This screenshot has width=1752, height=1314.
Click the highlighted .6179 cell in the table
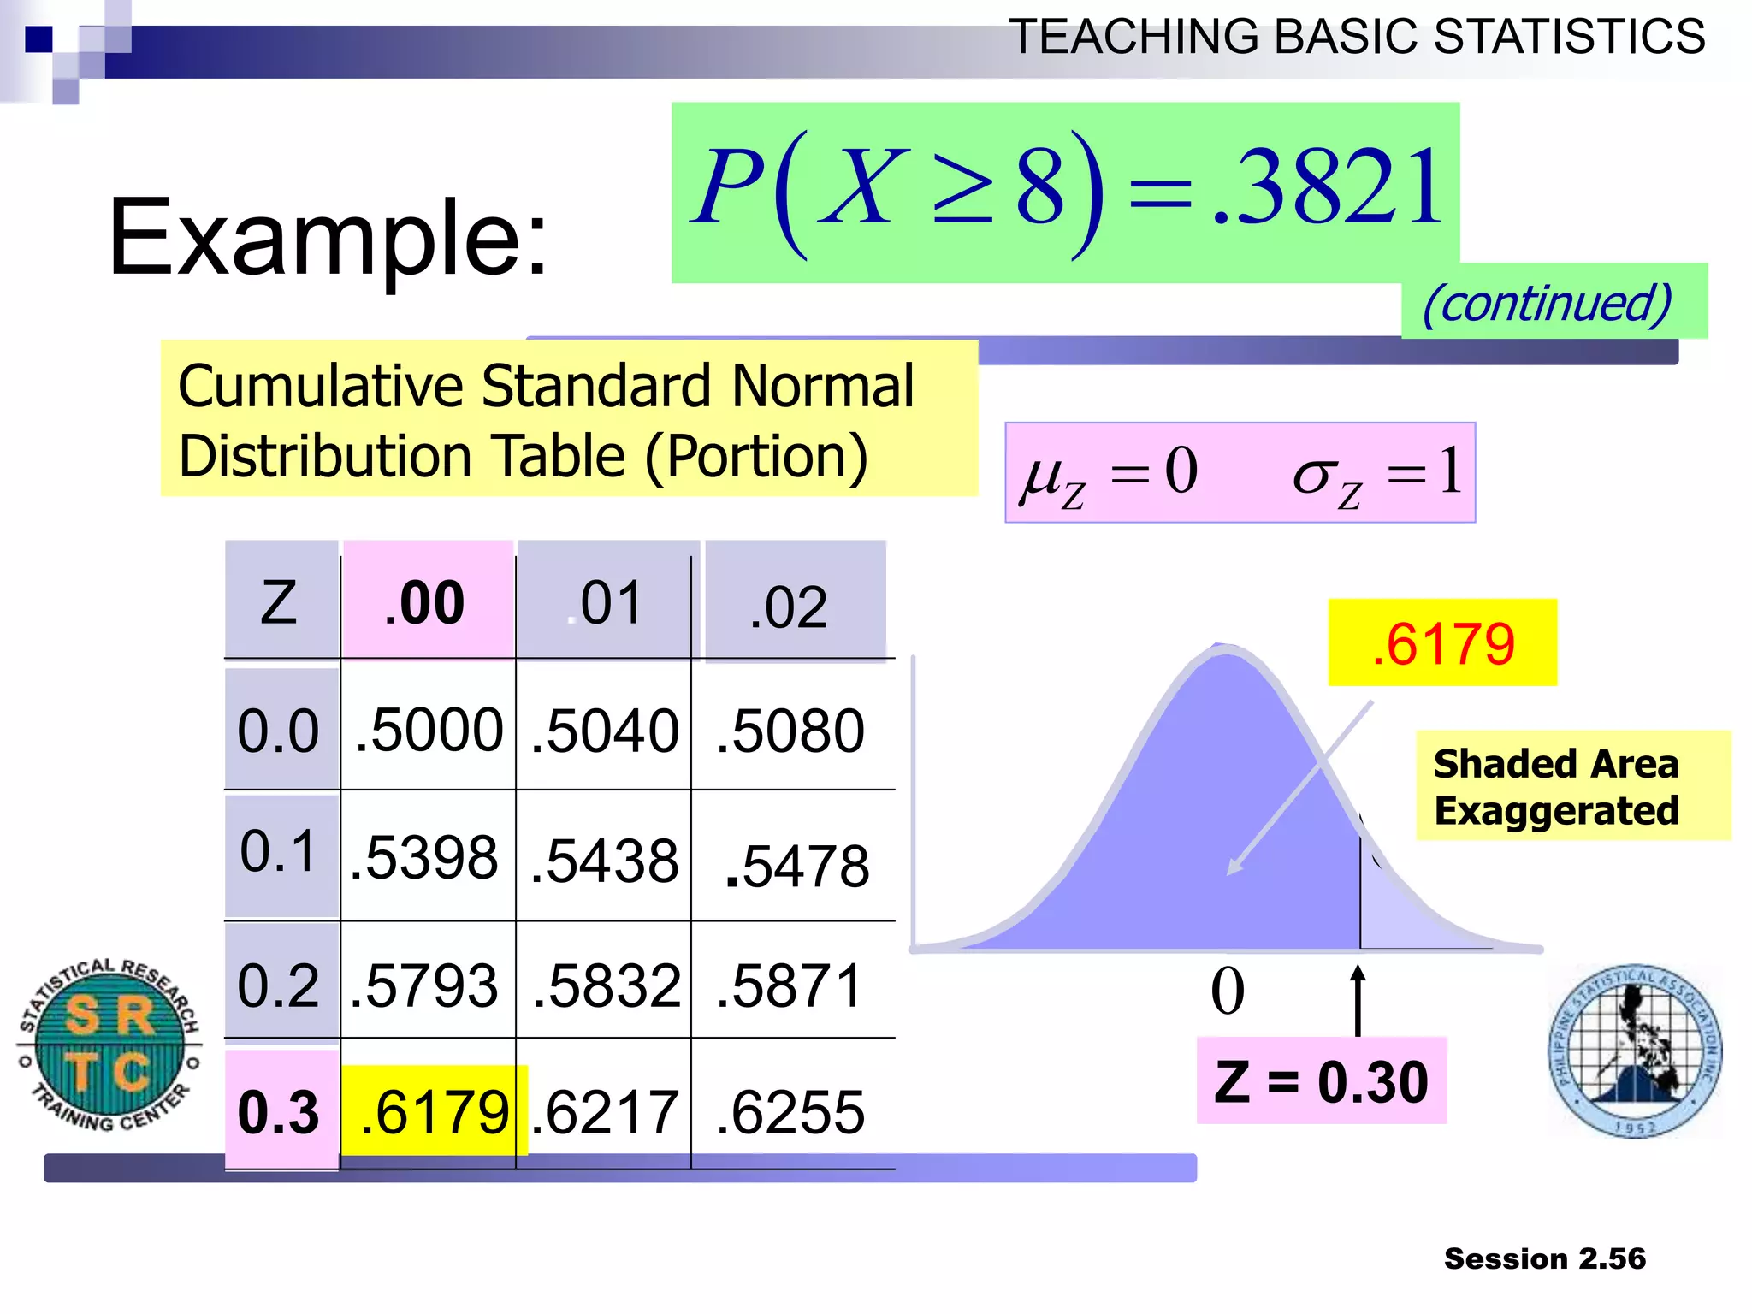tap(434, 1111)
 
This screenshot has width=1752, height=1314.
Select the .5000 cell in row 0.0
tap(429, 731)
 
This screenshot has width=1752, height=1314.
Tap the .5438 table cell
tap(604, 861)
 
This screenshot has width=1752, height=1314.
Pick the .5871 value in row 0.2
tap(790, 985)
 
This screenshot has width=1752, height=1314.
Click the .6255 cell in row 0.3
tap(790, 1112)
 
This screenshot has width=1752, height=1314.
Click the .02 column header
tap(788, 607)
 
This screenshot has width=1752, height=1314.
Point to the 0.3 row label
tap(279, 1112)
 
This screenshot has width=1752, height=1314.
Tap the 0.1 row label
tap(279, 852)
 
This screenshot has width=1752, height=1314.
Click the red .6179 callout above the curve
tap(1442, 643)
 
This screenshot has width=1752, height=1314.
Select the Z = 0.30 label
tap(1322, 1081)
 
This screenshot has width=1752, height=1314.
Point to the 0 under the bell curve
tap(1228, 991)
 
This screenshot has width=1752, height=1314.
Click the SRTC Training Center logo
tap(109, 1044)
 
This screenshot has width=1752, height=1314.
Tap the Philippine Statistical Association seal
tap(1635, 1051)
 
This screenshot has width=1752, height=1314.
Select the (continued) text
tap(1547, 303)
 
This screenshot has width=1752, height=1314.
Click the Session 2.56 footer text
tap(1544, 1258)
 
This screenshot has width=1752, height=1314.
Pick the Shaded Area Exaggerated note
tap(1556, 786)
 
